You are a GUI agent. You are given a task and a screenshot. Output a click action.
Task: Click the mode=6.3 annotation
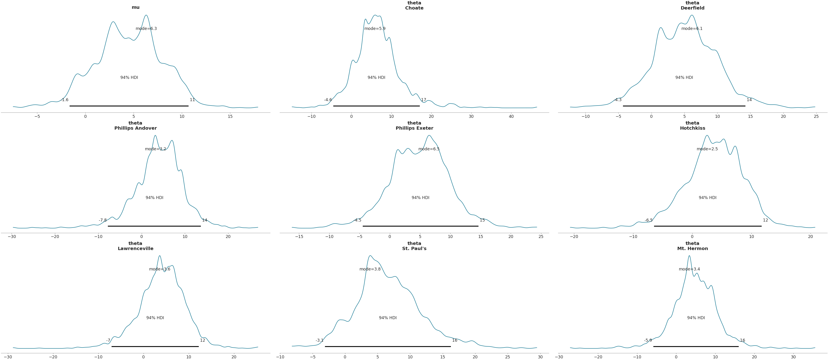point(146,29)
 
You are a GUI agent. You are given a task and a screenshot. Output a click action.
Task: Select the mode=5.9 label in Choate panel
point(375,29)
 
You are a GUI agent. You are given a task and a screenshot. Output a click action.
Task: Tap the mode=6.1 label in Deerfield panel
point(692,29)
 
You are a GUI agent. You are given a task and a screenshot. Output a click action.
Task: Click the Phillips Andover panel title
point(135,126)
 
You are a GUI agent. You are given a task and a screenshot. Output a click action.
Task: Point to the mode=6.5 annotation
point(429,149)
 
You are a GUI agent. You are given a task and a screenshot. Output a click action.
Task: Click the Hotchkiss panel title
point(692,126)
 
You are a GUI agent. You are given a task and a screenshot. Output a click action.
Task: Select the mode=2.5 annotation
point(707,149)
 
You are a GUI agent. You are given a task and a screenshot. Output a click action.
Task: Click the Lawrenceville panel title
point(135,246)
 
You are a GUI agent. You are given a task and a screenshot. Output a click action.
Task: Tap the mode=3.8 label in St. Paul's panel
point(370,269)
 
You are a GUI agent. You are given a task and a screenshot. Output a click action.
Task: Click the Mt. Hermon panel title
point(692,246)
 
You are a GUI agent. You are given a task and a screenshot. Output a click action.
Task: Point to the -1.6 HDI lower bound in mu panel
point(65,100)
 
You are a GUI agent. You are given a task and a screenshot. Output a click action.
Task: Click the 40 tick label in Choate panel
point(511,116)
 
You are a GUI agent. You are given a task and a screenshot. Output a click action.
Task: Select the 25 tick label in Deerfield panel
point(816,116)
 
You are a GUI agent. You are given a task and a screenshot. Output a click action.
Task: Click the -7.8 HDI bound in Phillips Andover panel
point(103,220)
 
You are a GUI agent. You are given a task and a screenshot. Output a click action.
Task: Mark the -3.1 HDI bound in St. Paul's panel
point(320,340)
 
